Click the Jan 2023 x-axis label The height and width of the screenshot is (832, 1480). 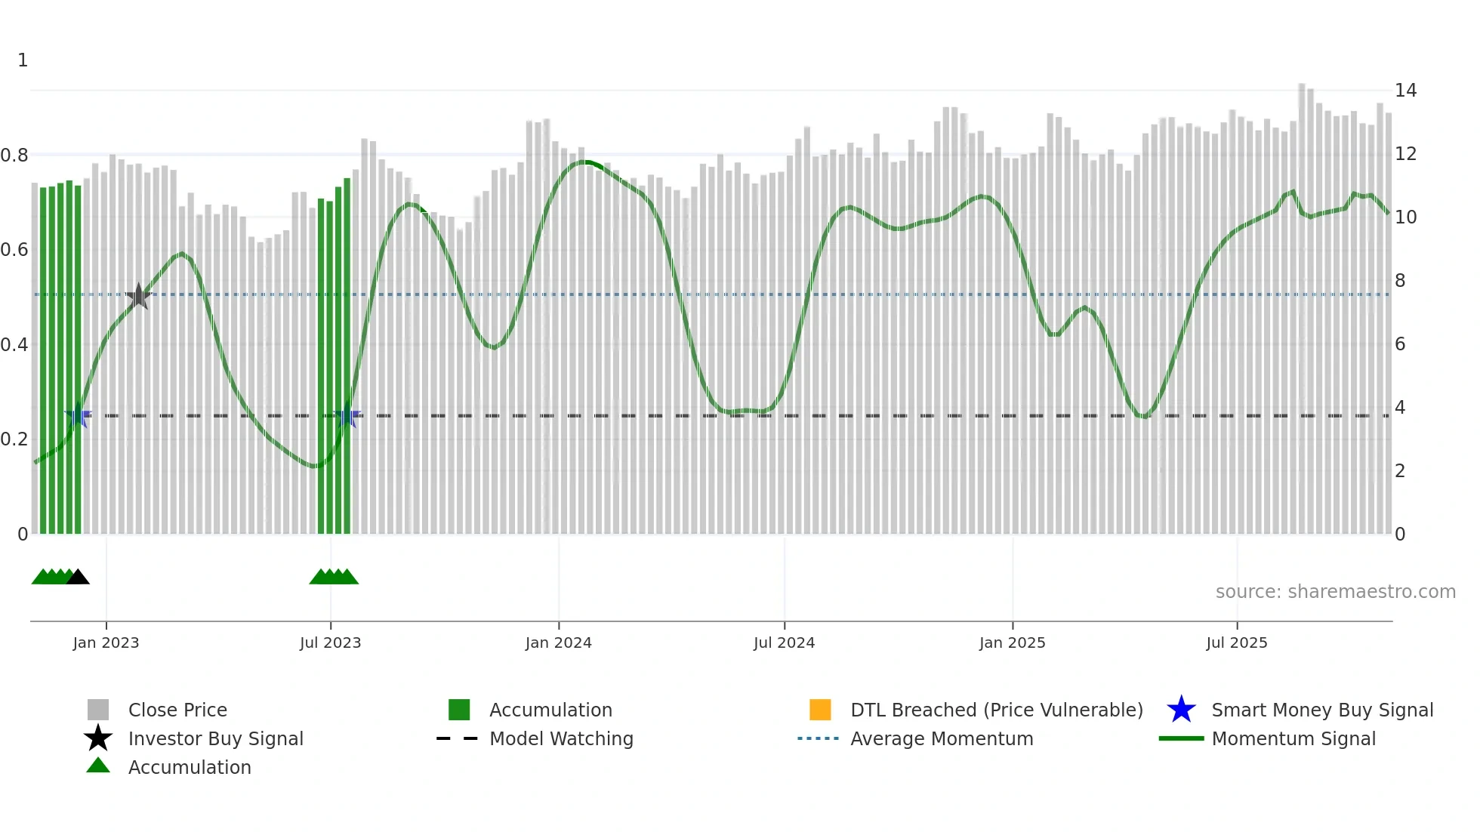coord(106,643)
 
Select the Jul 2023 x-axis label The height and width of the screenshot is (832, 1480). coord(330,643)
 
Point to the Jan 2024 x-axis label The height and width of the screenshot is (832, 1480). coord(558,643)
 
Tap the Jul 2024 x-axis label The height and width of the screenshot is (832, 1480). coord(784,643)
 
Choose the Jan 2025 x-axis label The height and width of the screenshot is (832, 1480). coord(1012,643)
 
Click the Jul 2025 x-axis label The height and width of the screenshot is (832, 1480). coord(1236,643)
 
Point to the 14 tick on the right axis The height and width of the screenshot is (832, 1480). coord(1405,91)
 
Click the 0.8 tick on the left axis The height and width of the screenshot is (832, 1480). coord(15,156)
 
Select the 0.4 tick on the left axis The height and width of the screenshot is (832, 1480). coord(15,345)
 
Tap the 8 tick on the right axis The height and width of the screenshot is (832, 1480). coord(1400,281)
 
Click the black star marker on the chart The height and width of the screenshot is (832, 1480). coord(139,296)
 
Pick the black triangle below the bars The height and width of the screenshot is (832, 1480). coord(78,577)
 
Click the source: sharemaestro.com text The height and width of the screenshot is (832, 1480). coord(1335,592)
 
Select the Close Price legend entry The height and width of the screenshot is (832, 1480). coord(177,710)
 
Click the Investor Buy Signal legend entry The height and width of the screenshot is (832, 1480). coord(215,739)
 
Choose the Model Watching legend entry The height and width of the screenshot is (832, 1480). coord(561,739)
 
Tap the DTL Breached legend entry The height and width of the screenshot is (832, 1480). coord(996,710)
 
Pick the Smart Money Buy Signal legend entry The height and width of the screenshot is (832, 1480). coord(1321,710)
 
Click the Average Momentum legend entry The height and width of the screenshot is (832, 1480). coord(942,739)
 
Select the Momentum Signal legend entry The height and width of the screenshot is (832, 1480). coord(1293,739)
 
